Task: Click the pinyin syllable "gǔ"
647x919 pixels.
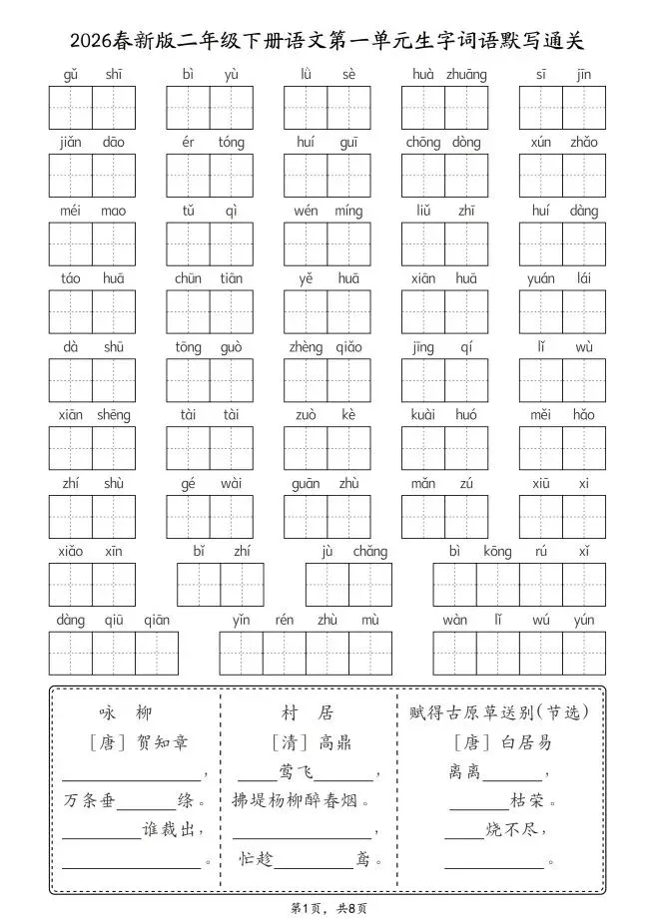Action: (71, 74)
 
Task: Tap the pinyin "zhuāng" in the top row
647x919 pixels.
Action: (466, 74)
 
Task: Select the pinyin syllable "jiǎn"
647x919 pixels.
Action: (71, 143)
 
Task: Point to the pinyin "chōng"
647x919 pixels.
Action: (423, 143)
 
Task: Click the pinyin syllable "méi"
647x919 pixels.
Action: (71, 211)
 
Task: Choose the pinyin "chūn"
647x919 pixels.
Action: (188, 278)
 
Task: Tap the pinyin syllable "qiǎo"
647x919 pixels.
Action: (348, 347)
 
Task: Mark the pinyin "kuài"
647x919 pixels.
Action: (423, 415)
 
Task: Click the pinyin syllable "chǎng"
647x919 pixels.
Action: (369, 551)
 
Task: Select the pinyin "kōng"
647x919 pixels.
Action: (496, 551)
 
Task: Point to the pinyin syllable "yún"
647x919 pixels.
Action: (584, 620)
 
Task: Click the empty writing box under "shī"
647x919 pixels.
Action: (114, 108)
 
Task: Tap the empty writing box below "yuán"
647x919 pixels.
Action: (540, 312)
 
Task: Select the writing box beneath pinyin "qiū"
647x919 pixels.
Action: (114, 653)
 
